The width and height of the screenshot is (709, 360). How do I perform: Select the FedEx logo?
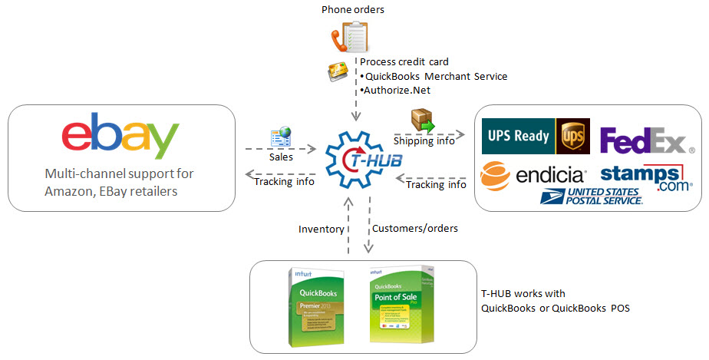[x=643, y=141]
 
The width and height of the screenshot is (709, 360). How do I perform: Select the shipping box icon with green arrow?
[x=423, y=120]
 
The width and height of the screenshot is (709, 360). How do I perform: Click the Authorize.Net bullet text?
[x=397, y=90]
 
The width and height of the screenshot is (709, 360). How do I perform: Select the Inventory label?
[x=321, y=229]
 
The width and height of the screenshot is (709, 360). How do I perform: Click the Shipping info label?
[x=424, y=140]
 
